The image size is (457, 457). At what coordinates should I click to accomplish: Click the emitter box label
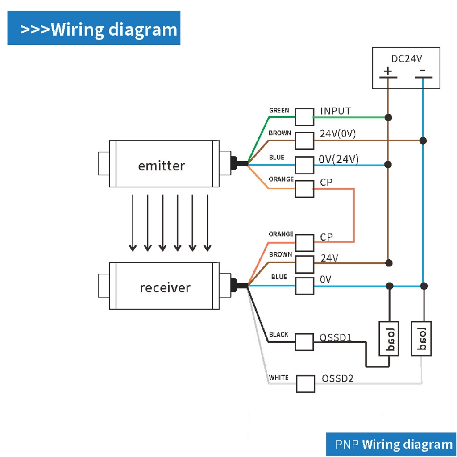pos(161,166)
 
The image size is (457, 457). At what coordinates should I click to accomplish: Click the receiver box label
pos(165,287)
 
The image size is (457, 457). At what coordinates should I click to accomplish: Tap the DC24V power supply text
pos(406,58)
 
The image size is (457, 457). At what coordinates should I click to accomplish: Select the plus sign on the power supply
pos(388,71)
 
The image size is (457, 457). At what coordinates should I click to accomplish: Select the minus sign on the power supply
pos(423,70)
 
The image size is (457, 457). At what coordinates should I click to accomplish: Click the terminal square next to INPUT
pos(304,117)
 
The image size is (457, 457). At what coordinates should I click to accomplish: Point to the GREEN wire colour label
pos(279,110)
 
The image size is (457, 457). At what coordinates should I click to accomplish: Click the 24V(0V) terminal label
pos(338,133)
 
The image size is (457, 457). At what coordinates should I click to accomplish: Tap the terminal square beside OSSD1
pos(304,342)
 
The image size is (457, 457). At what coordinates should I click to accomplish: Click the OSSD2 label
pos(338,379)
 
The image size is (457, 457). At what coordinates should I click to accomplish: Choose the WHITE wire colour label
pos(278,378)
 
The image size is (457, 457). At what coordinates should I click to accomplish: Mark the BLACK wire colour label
pos(278,334)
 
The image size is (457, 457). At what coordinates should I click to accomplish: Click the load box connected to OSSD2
pos(421,338)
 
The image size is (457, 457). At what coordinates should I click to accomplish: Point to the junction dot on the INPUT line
pos(389,117)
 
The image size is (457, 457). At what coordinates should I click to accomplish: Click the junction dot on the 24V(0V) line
pos(424,141)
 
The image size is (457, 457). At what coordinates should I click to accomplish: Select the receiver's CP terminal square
pos(304,242)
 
